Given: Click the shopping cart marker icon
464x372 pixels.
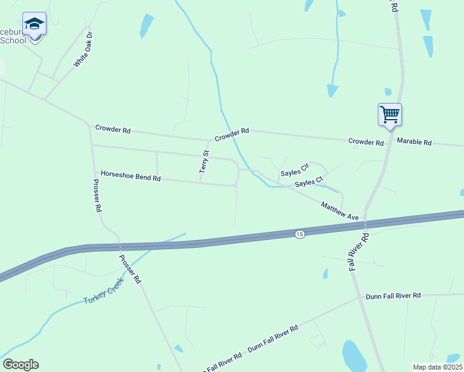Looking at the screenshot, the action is click(390, 115).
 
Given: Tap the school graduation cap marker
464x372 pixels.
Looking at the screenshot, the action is click(34, 25).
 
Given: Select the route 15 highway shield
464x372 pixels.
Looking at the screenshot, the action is click(300, 234).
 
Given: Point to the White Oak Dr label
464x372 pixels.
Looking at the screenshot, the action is click(83, 49).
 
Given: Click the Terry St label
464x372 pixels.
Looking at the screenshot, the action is click(204, 161).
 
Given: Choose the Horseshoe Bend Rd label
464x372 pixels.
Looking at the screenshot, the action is click(130, 176).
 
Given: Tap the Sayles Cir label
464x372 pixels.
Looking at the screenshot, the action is click(295, 170).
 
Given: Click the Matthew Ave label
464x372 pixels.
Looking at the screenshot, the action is click(340, 211).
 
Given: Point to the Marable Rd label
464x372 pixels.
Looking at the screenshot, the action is click(414, 142).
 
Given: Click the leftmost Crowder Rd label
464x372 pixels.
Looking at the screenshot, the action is click(113, 130).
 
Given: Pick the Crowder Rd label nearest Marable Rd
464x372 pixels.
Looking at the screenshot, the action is click(366, 141).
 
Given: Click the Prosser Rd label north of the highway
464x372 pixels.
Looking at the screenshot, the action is click(97, 196).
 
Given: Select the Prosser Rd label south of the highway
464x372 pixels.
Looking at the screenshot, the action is click(130, 269).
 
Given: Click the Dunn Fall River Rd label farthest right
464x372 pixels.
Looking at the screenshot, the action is click(393, 296).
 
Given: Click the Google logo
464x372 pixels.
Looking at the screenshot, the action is click(20, 365).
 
